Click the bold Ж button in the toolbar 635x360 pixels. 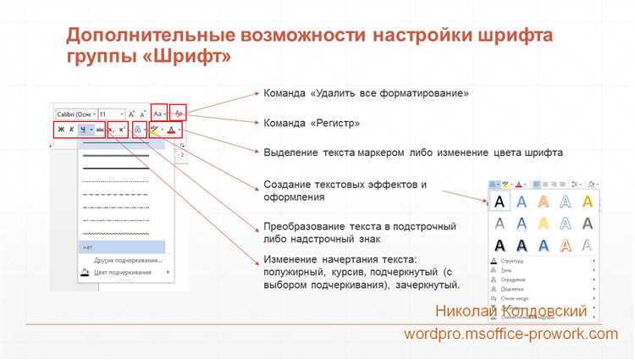click(59, 130)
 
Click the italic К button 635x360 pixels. click(71, 130)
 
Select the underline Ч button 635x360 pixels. click(83, 130)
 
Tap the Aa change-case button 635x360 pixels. click(158, 113)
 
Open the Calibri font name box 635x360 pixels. click(75, 114)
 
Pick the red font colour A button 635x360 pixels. click(172, 130)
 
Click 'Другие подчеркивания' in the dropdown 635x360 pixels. click(123, 260)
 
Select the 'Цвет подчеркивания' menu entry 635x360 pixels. click(123, 272)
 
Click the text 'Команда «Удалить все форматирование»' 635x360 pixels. click(367, 93)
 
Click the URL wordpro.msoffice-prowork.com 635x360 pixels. click(511, 335)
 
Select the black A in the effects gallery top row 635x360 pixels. click(500, 201)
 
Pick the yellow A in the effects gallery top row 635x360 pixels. click(564, 201)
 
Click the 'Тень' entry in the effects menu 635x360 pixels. click(507, 271)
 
